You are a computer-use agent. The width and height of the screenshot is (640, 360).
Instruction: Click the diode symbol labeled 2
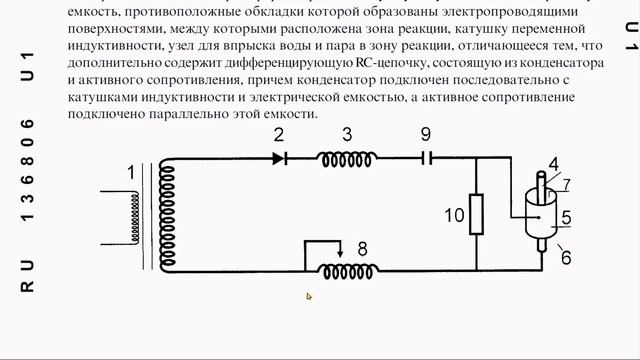coord(281,157)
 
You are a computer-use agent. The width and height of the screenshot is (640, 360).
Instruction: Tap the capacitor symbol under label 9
coord(426,157)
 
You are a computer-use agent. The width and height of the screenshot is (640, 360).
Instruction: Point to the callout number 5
coord(565,216)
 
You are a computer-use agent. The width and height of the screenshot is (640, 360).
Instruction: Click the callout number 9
coord(425,133)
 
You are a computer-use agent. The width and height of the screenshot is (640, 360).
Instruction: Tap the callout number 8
coord(362,247)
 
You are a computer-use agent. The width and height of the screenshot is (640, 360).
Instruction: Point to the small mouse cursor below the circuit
coord(309,296)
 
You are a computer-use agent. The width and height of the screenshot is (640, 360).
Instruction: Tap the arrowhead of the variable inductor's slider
coord(340,253)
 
